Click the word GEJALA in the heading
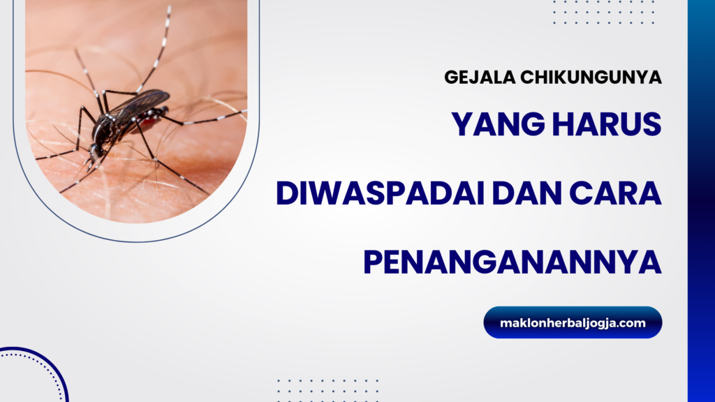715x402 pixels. coord(480,77)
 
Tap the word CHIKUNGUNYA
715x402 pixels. coord(591,77)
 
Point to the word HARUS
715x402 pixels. coord(607,124)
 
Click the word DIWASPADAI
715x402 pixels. coord(381,193)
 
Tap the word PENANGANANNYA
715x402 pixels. coord(513,262)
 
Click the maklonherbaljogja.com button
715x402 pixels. coord(573,322)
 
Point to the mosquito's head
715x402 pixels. coord(96,151)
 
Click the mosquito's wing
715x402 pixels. coord(139,103)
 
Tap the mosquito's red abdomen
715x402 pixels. coord(151,119)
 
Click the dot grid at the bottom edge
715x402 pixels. coord(328,390)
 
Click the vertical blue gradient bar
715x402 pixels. coord(701,201)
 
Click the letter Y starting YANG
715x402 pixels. coord(462,124)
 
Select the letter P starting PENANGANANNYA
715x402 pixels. coord(372,262)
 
